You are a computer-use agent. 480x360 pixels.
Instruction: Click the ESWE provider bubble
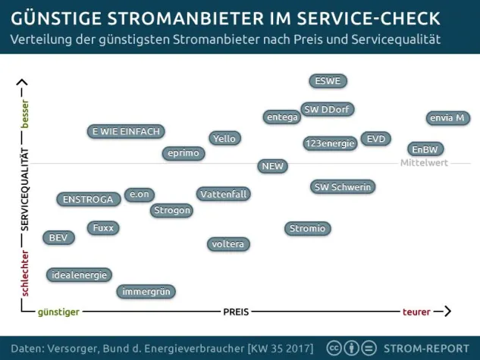[328, 81]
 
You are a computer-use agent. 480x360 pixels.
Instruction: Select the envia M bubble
[447, 118]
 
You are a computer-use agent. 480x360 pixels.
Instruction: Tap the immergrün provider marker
[146, 291]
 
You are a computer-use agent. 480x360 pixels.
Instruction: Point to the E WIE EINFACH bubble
[126, 132]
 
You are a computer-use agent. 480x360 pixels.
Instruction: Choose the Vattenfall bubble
[224, 194]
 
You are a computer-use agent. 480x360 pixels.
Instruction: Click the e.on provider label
[140, 195]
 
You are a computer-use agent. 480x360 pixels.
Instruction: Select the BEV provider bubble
[58, 238]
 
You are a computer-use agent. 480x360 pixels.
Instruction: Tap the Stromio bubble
[307, 228]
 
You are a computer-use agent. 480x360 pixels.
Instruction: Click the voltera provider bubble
[228, 244]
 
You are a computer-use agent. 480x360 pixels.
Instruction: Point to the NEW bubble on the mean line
[271, 166]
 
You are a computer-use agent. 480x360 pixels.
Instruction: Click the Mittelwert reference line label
[424, 163]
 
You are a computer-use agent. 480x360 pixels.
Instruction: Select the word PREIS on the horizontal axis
[236, 311]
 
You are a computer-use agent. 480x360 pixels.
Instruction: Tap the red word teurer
[416, 311]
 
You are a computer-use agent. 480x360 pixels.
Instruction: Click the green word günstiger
[58, 311]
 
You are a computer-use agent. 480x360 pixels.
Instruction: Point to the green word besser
[24, 114]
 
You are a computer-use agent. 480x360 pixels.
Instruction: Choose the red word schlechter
[24, 273]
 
